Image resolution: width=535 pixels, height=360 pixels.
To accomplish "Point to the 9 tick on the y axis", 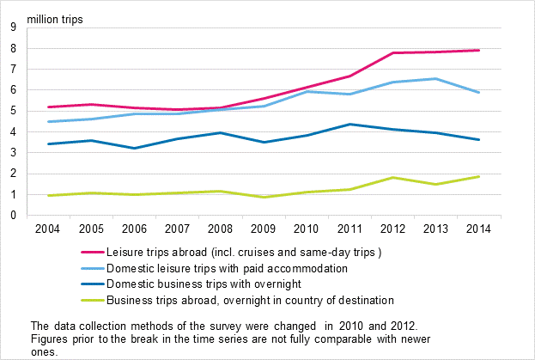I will [13, 27].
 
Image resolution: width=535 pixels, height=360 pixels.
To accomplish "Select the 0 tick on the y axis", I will [13, 216].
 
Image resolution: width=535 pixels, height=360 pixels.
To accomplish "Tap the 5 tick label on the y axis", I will [13, 111].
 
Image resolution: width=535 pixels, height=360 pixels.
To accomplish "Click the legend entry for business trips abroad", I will [249, 300].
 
